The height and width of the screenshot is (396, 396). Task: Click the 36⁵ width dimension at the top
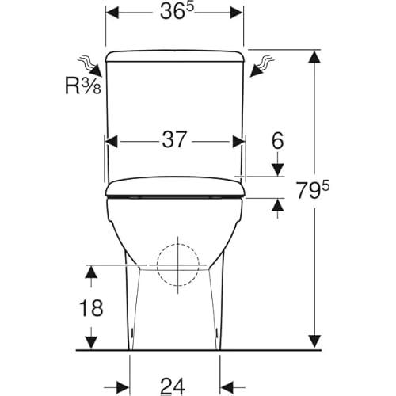pyautogui.click(x=177, y=11)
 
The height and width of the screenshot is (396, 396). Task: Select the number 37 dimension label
pyautogui.click(x=174, y=139)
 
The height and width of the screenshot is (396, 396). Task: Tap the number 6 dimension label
pyautogui.click(x=278, y=140)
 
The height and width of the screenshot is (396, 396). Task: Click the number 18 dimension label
pyautogui.click(x=91, y=308)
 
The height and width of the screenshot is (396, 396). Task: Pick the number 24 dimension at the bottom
pyautogui.click(x=173, y=386)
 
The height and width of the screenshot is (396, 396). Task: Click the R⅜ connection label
pyautogui.click(x=83, y=86)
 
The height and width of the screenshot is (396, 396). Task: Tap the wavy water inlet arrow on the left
pyautogui.click(x=90, y=66)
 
